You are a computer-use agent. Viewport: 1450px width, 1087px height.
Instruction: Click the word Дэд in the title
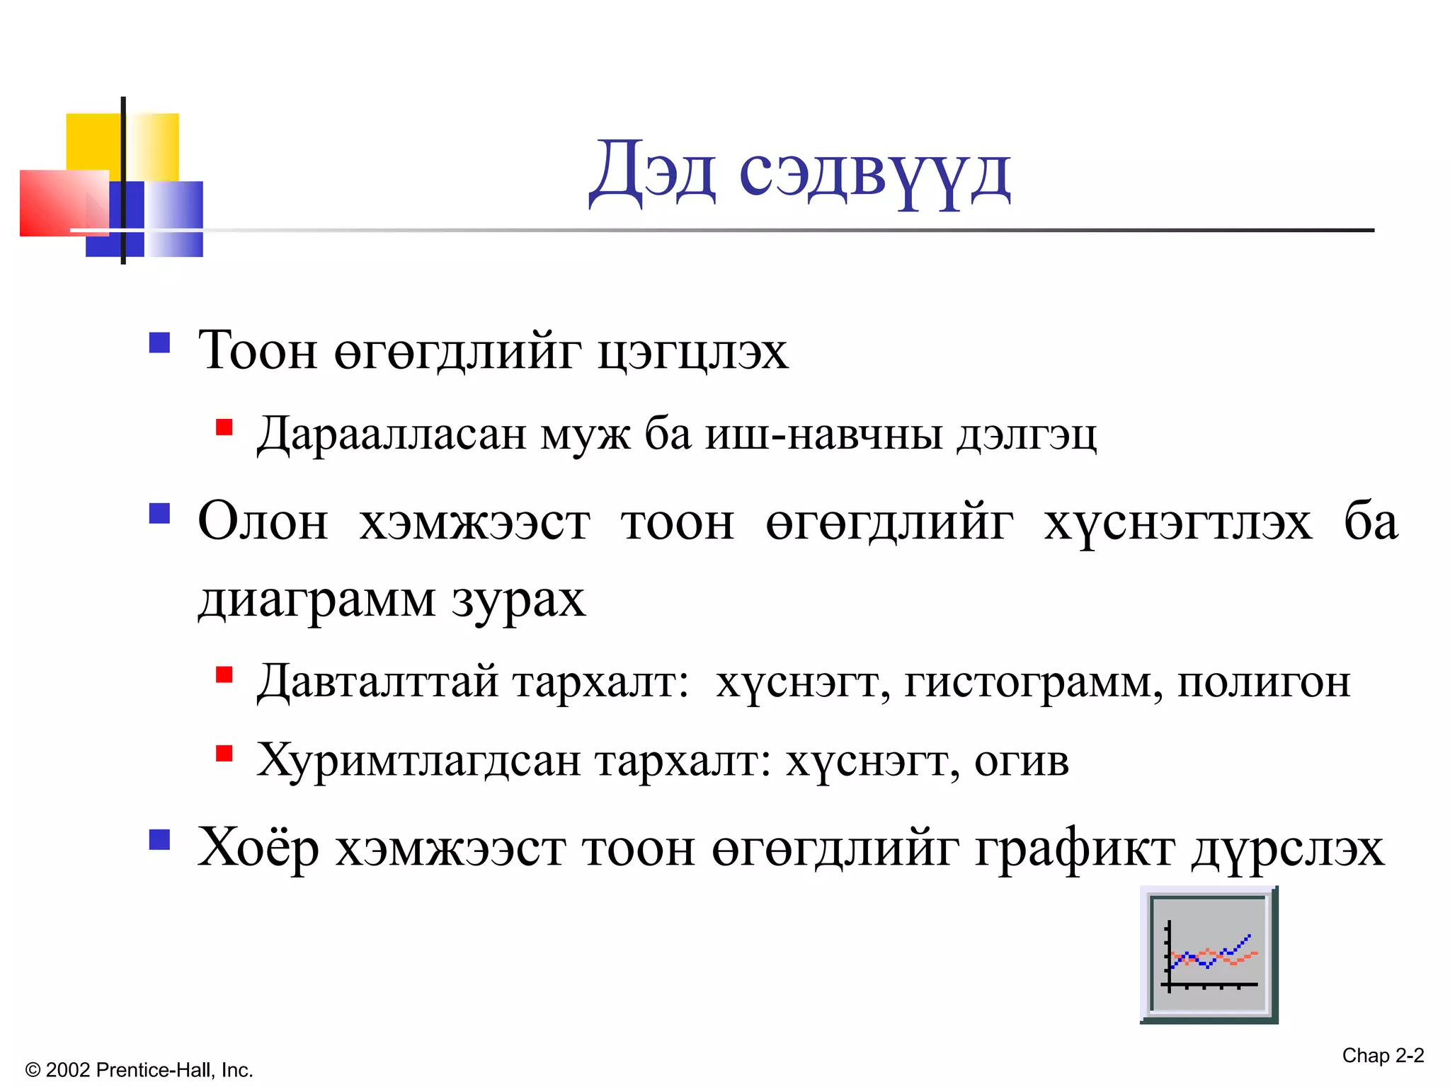tap(652, 171)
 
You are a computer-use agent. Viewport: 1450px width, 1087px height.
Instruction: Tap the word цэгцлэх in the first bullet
tap(692, 352)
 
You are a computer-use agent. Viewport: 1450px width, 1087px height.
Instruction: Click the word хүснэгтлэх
tap(1177, 524)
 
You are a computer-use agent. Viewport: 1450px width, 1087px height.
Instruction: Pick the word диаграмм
tap(316, 600)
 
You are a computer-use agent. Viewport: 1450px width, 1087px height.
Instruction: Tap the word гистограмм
tap(1032, 682)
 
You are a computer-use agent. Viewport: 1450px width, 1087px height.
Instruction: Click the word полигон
tap(1264, 682)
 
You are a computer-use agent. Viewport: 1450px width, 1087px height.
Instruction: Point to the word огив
tap(1021, 761)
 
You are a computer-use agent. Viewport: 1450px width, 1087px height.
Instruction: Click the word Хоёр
tap(258, 847)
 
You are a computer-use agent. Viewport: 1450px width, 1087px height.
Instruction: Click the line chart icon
tap(1209, 955)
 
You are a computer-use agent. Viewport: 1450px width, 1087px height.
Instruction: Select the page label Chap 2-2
tap(1383, 1056)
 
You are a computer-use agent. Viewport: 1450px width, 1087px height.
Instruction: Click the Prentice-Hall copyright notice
tap(139, 1070)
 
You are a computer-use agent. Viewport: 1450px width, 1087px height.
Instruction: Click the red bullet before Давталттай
tap(224, 674)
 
